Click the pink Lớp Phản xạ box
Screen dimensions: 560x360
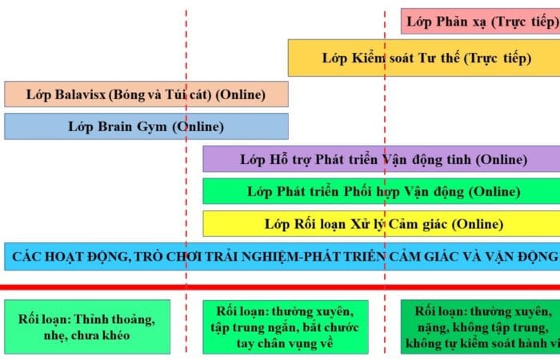click(480, 22)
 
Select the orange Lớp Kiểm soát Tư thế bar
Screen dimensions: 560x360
click(424, 58)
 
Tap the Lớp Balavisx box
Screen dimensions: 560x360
click(146, 94)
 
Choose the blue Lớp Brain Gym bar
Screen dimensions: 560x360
click(146, 126)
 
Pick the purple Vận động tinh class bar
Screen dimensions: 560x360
click(382, 159)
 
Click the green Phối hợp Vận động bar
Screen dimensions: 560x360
click(382, 191)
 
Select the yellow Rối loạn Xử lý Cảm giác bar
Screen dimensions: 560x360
click(382, 224)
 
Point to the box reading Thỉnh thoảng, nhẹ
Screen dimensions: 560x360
click(87, 326)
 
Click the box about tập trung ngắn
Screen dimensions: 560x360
click(286, 326)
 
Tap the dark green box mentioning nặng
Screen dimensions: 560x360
click(480, 326)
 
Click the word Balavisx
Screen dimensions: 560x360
click(80, 94)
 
